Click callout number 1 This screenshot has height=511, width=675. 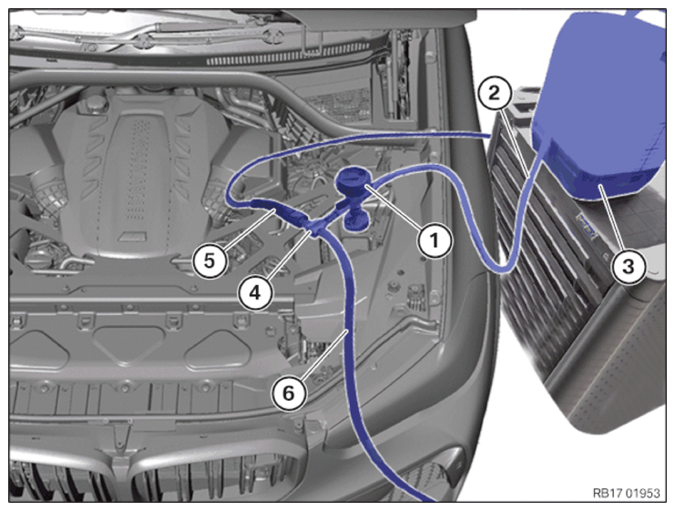point(435,240)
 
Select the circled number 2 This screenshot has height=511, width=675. point(495,93)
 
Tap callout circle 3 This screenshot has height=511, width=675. point(629,266)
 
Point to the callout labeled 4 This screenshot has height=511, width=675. point(255,292)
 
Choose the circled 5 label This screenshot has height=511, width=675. point(210,261)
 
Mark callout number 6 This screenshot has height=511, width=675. point(289,393)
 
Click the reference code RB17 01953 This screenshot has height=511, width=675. point(627,493)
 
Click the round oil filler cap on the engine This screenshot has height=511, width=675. point(96,103)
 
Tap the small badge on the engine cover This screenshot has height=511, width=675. point(130,237)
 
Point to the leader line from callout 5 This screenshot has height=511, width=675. point(249,229)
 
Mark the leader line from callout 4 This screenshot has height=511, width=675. point(288,256)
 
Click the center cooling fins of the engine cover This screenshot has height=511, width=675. point(138,168)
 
